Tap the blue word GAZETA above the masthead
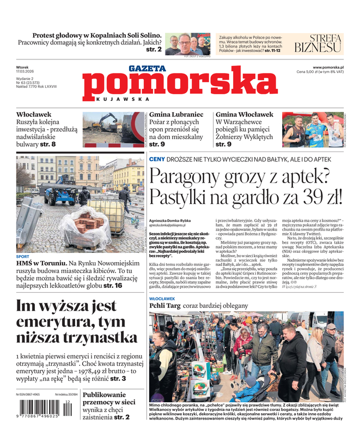[x=147, y=69]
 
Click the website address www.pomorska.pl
[x=332, y=66]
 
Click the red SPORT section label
[x=23, y=256]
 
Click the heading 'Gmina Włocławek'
[x=245, y=115]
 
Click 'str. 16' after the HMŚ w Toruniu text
[x=113, y=285]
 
